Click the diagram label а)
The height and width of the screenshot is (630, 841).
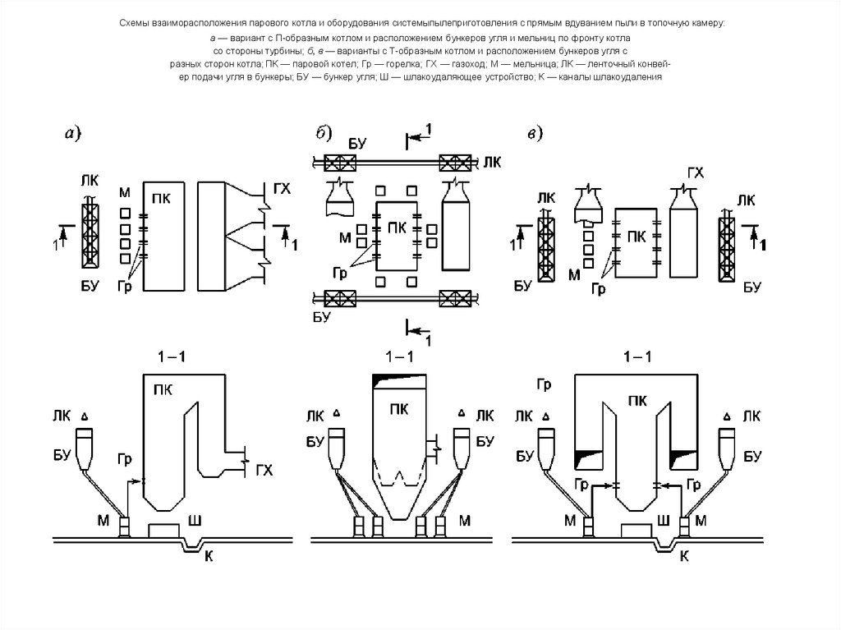click(72, 132)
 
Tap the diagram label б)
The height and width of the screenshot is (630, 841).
click(324, 132)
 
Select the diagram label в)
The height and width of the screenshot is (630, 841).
click(535, 134)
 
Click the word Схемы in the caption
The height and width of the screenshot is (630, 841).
click(134, 23)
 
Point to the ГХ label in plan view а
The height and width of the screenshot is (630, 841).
click(282, 189)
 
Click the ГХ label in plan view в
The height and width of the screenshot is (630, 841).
click(695, 172)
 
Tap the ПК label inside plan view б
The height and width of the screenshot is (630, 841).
click(397, 228)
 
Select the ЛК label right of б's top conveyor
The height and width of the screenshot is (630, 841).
click(492, 162)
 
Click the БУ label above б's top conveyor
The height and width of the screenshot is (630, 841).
click(357, 144)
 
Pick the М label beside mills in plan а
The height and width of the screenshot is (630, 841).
click(125, 193)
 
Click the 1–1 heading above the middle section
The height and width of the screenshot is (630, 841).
click(400, 356)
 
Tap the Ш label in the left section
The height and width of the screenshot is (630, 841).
click(195, 521)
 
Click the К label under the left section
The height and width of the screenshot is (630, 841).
click(209, 556)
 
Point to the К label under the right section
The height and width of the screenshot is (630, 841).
click(684, 556)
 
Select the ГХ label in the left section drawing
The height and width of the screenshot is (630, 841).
click(264, 470)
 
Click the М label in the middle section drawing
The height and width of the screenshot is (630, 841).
click(465, 521)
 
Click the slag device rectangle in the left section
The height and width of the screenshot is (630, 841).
click(163, 530)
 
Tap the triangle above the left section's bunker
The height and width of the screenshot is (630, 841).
click(85, 416)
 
